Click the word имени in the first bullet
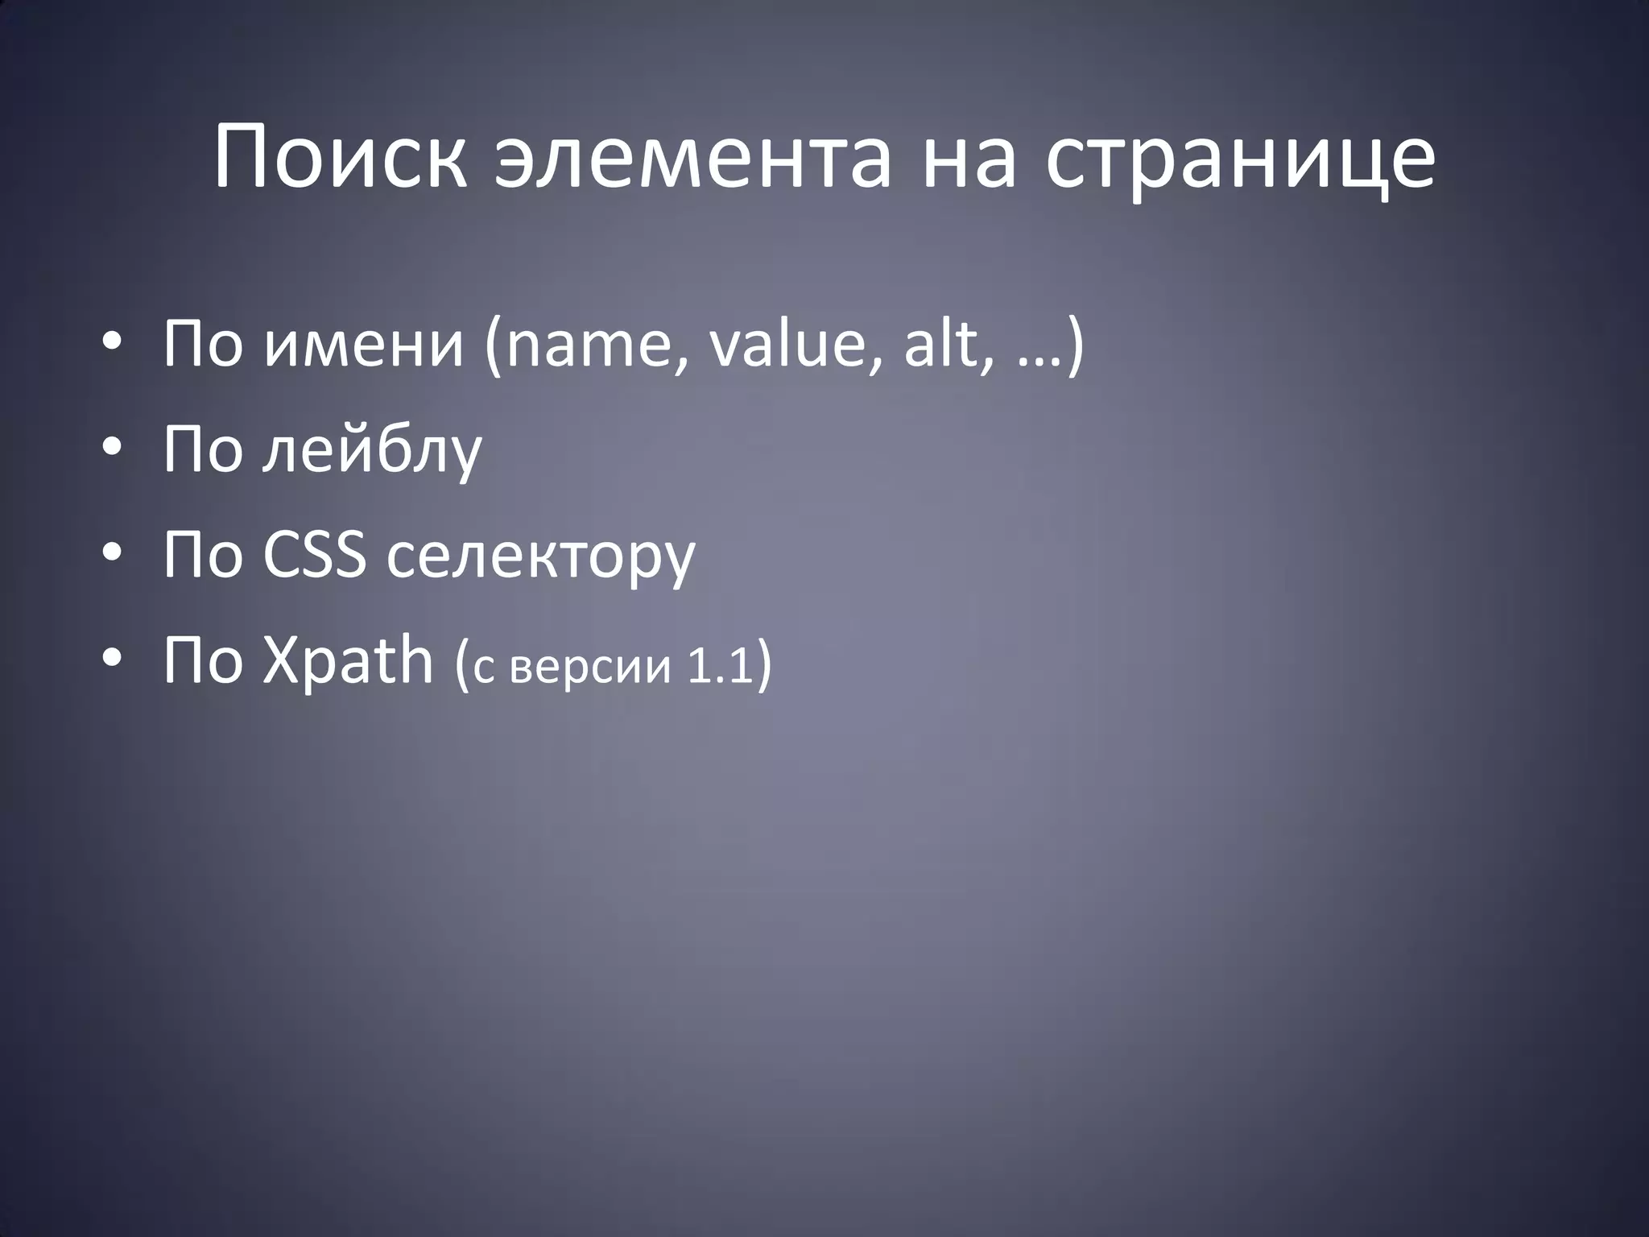pos(364,345)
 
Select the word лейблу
pos(372,449)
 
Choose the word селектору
pos(539,557)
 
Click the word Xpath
pos(348,660)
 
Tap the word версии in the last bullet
pos(590,668)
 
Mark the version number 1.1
pos(718,666)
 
